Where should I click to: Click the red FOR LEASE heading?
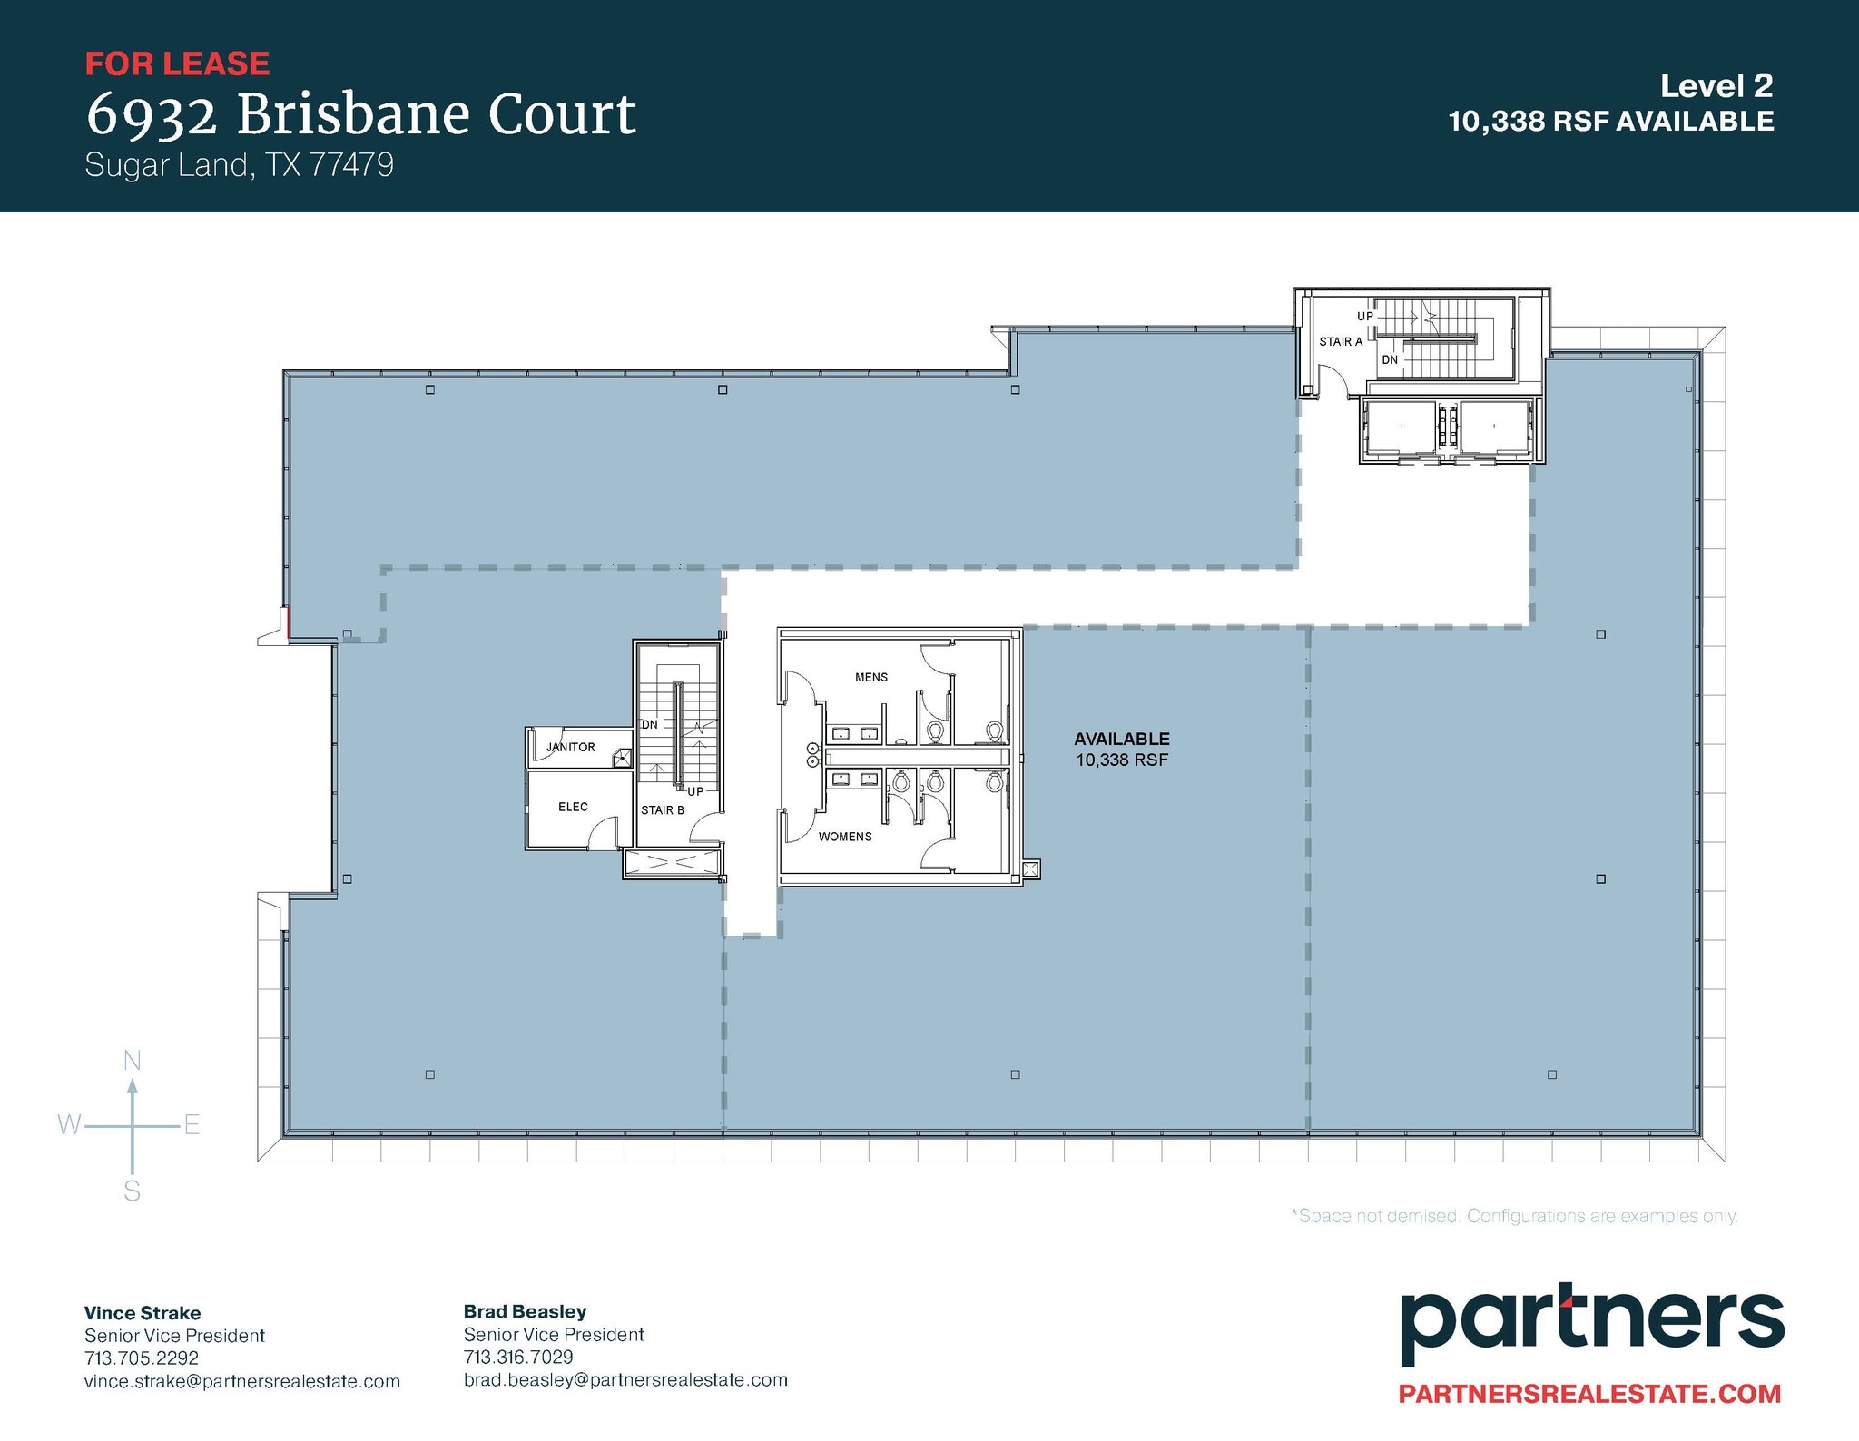(177, 64)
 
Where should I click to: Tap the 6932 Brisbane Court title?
(360, 114)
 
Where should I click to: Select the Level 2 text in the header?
(1716, 86)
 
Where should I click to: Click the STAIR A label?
(1340, 342)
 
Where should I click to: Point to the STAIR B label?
(662, 810)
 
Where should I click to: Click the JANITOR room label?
(570, 747)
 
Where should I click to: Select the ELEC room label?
(573, 807)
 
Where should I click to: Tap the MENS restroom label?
(870, 677)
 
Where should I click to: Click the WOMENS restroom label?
(844, 837)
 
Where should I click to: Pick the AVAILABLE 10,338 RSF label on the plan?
(1121, 750)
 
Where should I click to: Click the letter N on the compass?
(133, 1060)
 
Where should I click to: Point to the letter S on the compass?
(133, 1191)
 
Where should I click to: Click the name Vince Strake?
(143, 1313)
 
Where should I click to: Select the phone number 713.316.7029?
(518, 1357)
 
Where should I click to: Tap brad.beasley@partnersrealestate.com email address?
(625, 1380)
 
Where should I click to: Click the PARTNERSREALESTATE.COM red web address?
(1589, 1394)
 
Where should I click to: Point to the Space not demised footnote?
(1513, 1216)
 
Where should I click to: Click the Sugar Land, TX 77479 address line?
(239, 165)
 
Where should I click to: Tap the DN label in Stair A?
(1390, 360)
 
